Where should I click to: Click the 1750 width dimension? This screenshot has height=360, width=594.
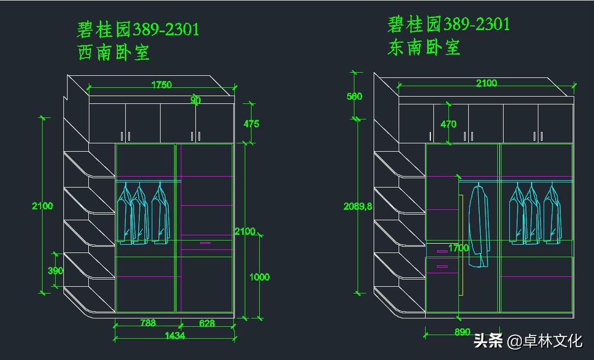point(161,85)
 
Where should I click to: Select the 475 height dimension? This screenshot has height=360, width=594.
point(250,124)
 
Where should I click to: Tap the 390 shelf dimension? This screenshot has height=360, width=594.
point(55,271)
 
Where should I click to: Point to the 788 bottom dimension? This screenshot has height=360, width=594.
point(148,323)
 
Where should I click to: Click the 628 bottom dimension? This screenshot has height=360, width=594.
point(207,323)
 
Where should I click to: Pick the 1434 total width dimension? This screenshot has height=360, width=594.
point(175,336)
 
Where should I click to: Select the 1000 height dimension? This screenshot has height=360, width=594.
point(259,277)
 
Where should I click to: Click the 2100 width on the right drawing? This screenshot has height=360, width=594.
point(486,83)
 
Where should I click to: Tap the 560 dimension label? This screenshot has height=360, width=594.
point(354,96)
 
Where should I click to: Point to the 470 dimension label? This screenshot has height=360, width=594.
point(448,124)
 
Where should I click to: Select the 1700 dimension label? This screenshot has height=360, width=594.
point(458,248)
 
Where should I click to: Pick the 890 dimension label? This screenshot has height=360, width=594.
point(462,332)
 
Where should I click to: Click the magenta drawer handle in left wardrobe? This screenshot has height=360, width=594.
point(205,243)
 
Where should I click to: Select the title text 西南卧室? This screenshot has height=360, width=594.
point(114,52)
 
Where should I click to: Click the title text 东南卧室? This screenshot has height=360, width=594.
point(424,48)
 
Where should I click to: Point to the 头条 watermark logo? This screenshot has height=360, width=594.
point(489,341)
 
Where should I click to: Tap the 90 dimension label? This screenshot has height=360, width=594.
point(195,100)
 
